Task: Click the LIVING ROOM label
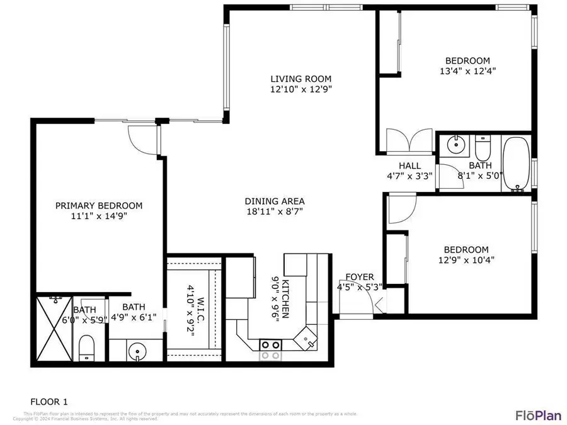click(301, 79)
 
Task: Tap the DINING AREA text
click(275, 201)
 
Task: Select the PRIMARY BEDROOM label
click(99, 205)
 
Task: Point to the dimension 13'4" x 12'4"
click(467, 71)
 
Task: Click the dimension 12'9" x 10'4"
click(466, 259)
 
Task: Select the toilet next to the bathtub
click(483, 149)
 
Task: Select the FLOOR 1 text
click(49, 401)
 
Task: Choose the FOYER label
click(360, 277)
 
